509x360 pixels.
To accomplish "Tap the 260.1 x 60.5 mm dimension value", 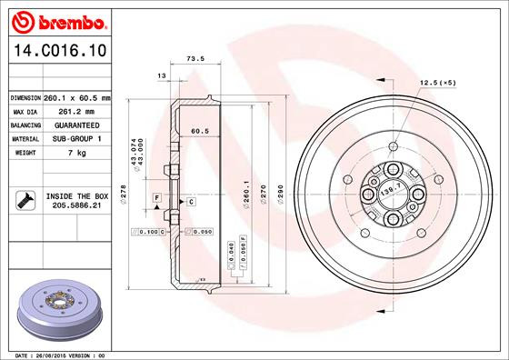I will point(77,97).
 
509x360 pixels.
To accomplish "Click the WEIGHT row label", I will point(23,153).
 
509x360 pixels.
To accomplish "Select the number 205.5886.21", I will point(76,206).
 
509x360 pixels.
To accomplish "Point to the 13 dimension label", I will point(162,75).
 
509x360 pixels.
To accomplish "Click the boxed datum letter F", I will point(157,197).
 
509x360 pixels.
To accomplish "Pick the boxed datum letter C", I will point(192,201).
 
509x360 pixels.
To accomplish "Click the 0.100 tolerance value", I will point(150,233).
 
